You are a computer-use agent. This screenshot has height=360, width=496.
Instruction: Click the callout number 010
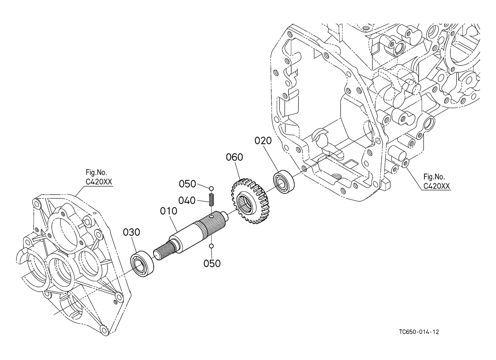[x=169, y=211]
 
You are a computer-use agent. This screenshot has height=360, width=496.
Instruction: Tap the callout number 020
[x=263, y=141]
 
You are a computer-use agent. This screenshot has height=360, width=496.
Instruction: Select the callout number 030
[x=132, y=232]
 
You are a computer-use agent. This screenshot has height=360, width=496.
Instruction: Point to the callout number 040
[x=187, y=201]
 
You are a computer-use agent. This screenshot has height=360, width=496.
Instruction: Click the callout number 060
[x=235, y=157]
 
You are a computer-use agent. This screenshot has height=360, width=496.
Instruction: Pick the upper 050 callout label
[x=187, y=184]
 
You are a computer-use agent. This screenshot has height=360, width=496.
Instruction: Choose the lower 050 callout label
[x=212, y=264]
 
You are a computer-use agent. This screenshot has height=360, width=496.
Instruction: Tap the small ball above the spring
[x=211, y=188]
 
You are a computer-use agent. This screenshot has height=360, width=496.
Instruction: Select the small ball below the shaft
[x=211, y=246]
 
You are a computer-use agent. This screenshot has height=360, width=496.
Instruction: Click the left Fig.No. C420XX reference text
[x=99, y=177]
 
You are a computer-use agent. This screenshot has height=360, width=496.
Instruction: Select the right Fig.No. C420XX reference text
[x=437, y=182]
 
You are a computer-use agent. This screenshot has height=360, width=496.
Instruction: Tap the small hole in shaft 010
[x=212, y=216]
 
